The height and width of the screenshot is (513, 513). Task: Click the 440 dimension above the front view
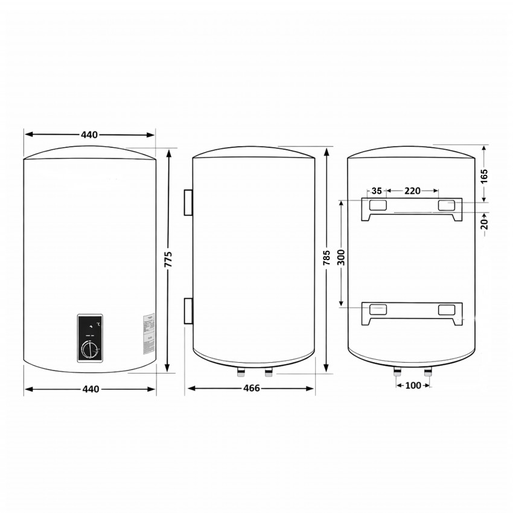tap(89, 135)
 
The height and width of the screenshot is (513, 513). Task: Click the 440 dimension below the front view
tap(89, 389)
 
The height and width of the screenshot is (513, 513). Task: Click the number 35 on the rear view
tap(377, 191)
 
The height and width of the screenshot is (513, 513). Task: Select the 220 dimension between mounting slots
tap(412, 191)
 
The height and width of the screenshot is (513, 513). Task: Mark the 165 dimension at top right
tap(484, 175)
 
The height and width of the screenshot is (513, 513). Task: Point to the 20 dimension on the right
tap(484, 223)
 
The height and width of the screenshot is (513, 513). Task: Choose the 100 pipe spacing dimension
tap(413, 385)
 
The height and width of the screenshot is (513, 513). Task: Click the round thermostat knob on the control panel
tap(90, 349)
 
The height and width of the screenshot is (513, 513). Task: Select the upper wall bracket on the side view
tap(188, 202)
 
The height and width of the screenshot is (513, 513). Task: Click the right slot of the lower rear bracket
tap(447, 310)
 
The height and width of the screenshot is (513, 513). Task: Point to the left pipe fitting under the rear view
tap(398, 372)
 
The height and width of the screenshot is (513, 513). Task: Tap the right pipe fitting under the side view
tap(269, 370)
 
